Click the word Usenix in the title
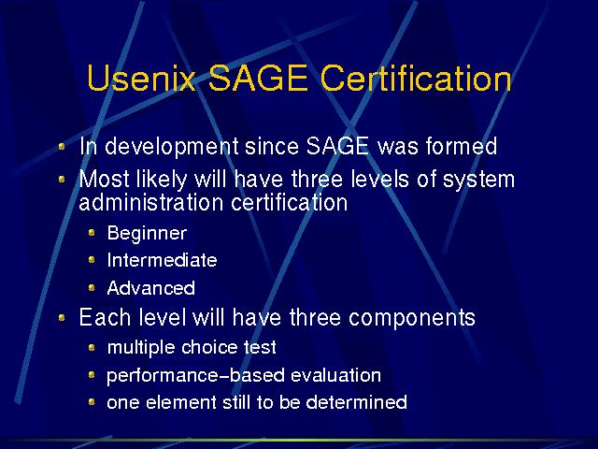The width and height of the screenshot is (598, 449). coord(141,78)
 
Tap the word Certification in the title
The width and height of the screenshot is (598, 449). coord(416,78)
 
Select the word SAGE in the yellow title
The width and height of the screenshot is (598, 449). coord(258,78)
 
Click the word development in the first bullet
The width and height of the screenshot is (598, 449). coord(172,147)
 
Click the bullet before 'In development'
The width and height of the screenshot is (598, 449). coord(62,146)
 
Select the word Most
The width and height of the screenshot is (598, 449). coord(104,179)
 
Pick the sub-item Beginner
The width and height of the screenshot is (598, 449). coord(148,233)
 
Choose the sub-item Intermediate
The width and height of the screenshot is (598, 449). coord(162,260)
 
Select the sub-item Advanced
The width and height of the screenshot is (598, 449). coord(151,288)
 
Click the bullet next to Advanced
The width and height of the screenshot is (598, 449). coord(92,287)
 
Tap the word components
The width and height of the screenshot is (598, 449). coord(412,318)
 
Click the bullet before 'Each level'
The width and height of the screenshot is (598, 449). coord(62,318)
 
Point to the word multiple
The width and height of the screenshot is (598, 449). coord(141,348)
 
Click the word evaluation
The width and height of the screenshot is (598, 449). coord(336,375)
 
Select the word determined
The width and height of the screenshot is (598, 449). coord(357,402)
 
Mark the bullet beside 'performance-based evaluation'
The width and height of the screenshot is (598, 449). coord(92,375)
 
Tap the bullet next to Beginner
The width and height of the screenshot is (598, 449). coord(92,232)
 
